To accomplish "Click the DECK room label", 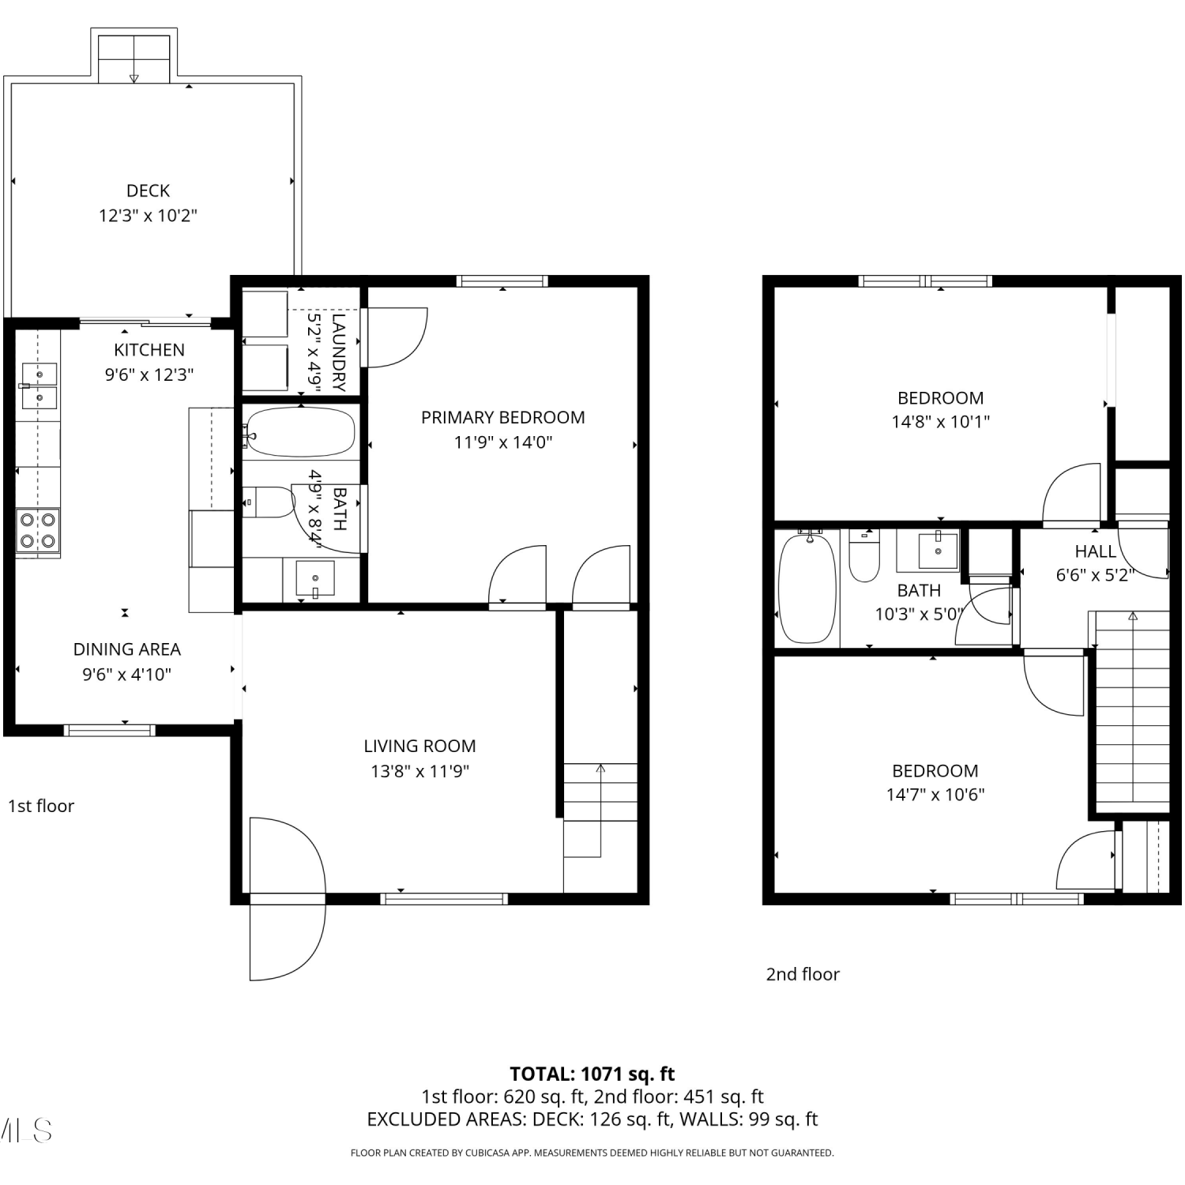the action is click(x=148, y=190).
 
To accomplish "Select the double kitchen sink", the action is click(x=39, y=386).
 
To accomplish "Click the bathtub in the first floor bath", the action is click(x=299, y=431).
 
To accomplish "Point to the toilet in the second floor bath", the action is click(x=864, y=555).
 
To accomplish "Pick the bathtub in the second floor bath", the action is click(x=807, y=588).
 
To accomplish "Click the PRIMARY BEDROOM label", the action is click(x=502, y=417).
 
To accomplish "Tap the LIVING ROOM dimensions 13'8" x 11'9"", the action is click(x=419, y=771).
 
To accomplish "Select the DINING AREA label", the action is click(x=126, y=649).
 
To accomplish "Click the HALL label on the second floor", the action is click(x=1095, y=551).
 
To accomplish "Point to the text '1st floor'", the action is click(x=41, y=806).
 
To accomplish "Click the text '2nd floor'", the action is click(x=803, y=974).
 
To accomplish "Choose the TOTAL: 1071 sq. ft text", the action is click(x=592, y=1074).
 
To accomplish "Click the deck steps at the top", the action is click(x=134, y=58).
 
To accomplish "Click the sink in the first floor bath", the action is click(x=314, y=577).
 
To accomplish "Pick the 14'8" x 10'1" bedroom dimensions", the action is click(x=940, y=422).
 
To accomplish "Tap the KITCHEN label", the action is click(x=149, y=350).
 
